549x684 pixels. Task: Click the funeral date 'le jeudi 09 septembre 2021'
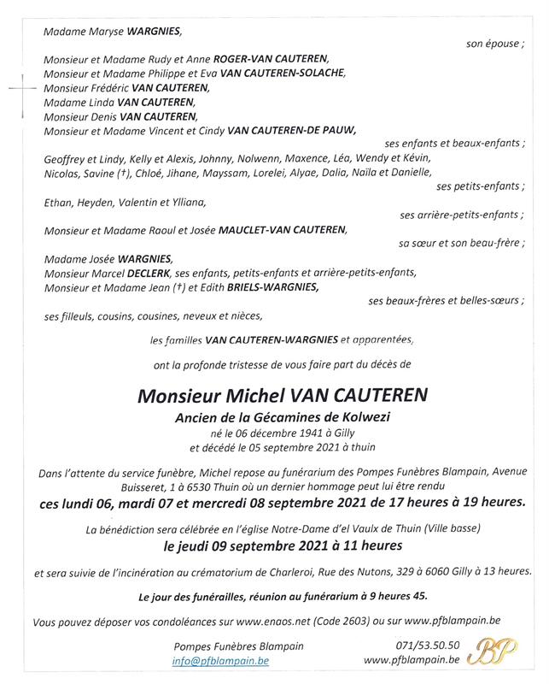click(x=243, y=545)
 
